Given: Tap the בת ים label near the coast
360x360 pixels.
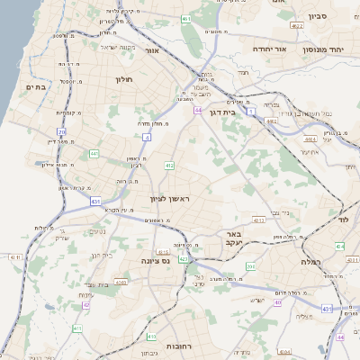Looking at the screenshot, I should click(34, 86).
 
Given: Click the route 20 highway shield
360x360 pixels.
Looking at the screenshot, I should click(62, 131).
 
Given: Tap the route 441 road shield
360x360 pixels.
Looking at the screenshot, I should click(94, 154).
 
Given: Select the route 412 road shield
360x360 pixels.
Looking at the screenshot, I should click(169, 166).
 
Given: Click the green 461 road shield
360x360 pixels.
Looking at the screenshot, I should click(184, 19).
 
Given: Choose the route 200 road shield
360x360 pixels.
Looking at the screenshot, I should click(251, 267).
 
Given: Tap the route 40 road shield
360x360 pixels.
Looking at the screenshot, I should click(278, 302).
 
